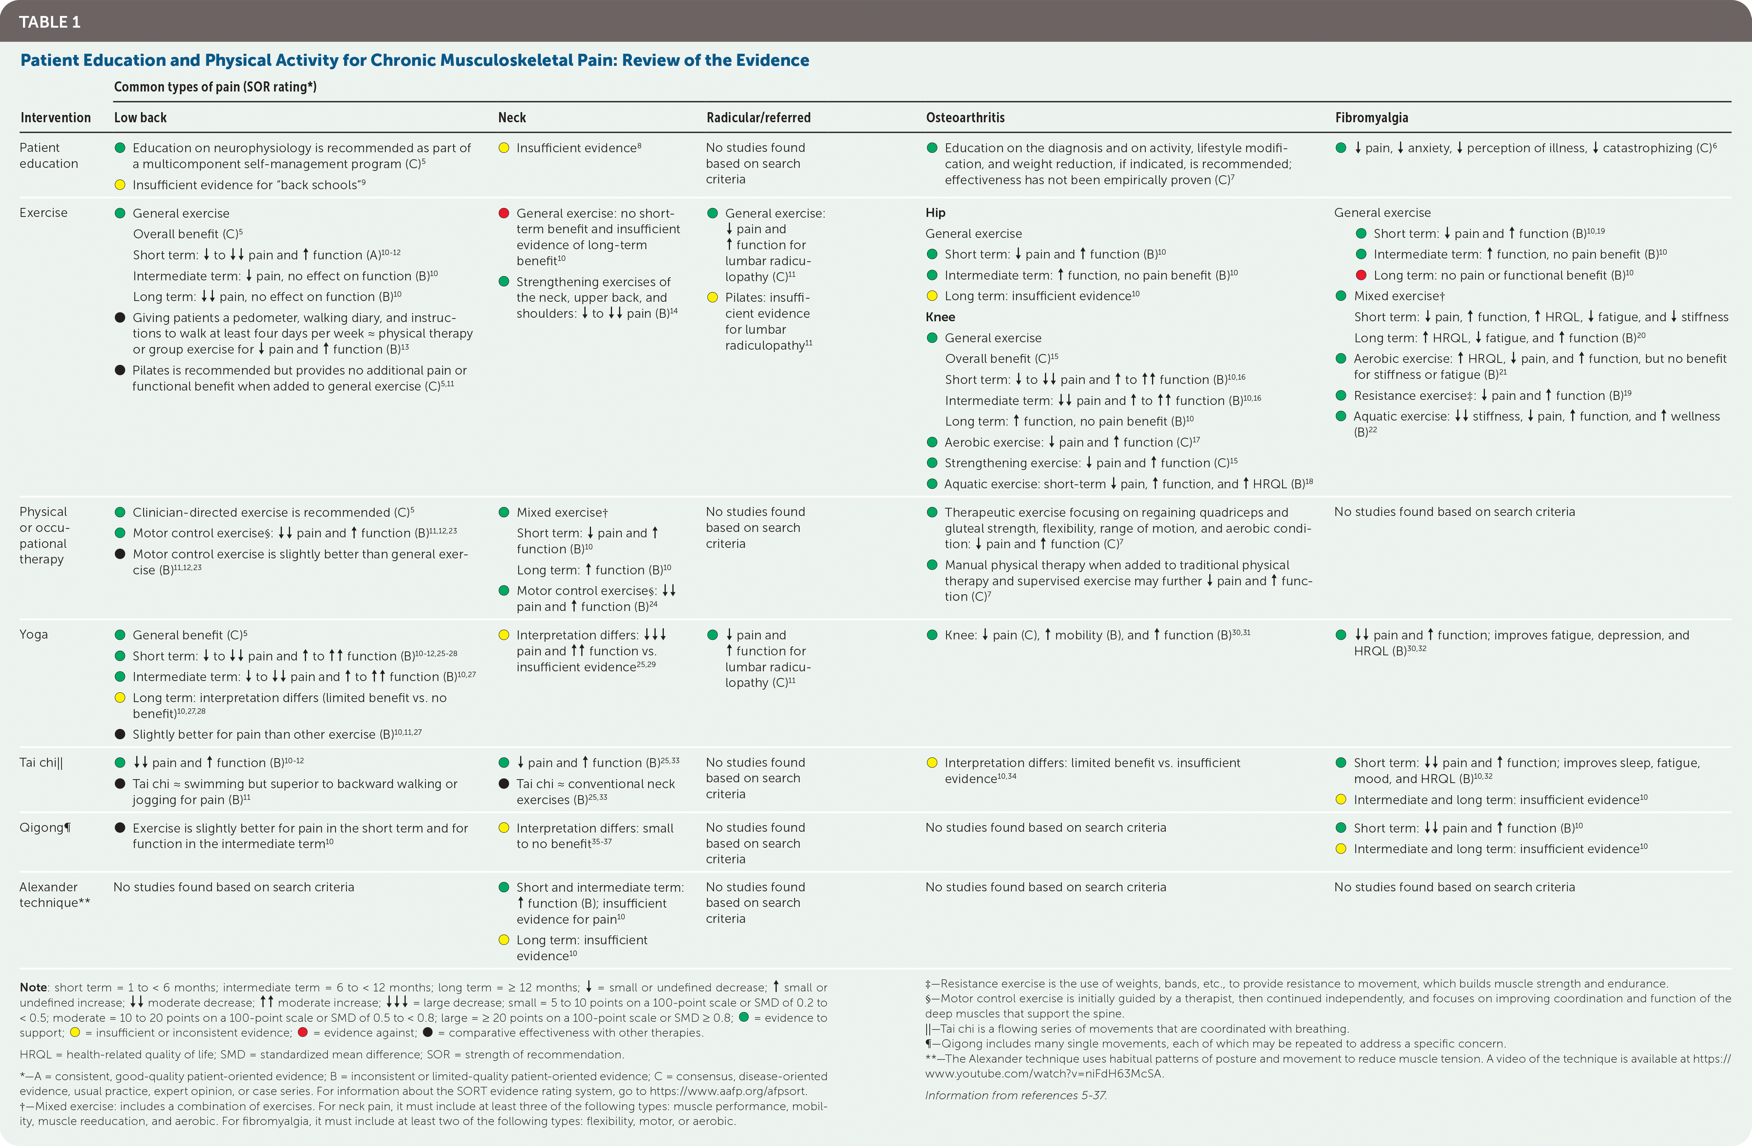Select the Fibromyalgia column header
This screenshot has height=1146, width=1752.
click(x=1371, y=118)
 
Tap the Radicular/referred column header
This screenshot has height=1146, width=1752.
click(x=758, y=118)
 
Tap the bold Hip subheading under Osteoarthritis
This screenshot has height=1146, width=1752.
click(x=935, y=213)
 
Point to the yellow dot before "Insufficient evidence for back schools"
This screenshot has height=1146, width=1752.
click(x=120, y=185)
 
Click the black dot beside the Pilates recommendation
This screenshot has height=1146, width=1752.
click(x=120, y=370)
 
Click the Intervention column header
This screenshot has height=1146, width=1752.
click(x=55, y=118)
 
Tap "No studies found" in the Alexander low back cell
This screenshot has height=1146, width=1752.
click(x=233, y=887)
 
